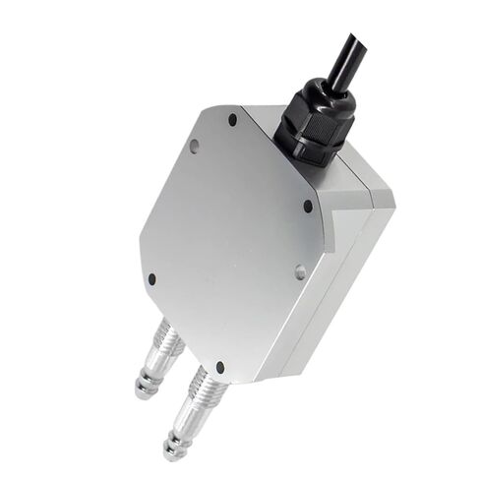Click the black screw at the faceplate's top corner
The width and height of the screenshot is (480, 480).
coord(233,119)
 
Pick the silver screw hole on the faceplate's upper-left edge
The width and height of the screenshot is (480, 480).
coord(194,147)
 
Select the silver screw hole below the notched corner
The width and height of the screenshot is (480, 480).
coord(300,271)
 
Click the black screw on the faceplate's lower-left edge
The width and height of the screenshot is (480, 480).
coord(151,279)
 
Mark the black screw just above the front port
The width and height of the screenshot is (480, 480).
coord(219,367)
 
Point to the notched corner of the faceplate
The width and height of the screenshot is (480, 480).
coord(329,220)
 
